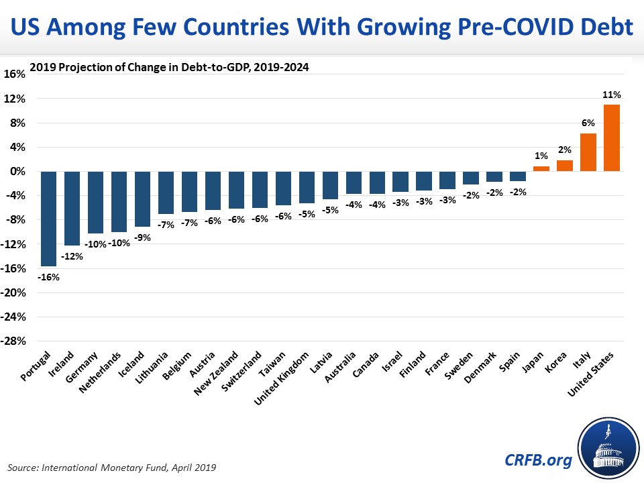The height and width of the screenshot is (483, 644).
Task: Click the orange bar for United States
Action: tap(611, 138)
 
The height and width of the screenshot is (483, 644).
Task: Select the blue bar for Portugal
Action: tap(48, 219)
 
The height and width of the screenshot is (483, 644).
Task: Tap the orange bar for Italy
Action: tap(588, 152)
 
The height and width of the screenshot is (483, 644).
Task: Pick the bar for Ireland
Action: tap(72, 208)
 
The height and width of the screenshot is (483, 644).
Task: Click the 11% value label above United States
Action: tap(611, 95)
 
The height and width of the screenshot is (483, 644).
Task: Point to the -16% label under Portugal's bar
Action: tap(48, 276)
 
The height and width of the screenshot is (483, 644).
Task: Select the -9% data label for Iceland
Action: tap(142, 237)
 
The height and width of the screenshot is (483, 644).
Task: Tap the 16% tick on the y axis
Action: tap(15, 74)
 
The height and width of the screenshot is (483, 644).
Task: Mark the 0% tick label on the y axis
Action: tap(17, 171)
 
